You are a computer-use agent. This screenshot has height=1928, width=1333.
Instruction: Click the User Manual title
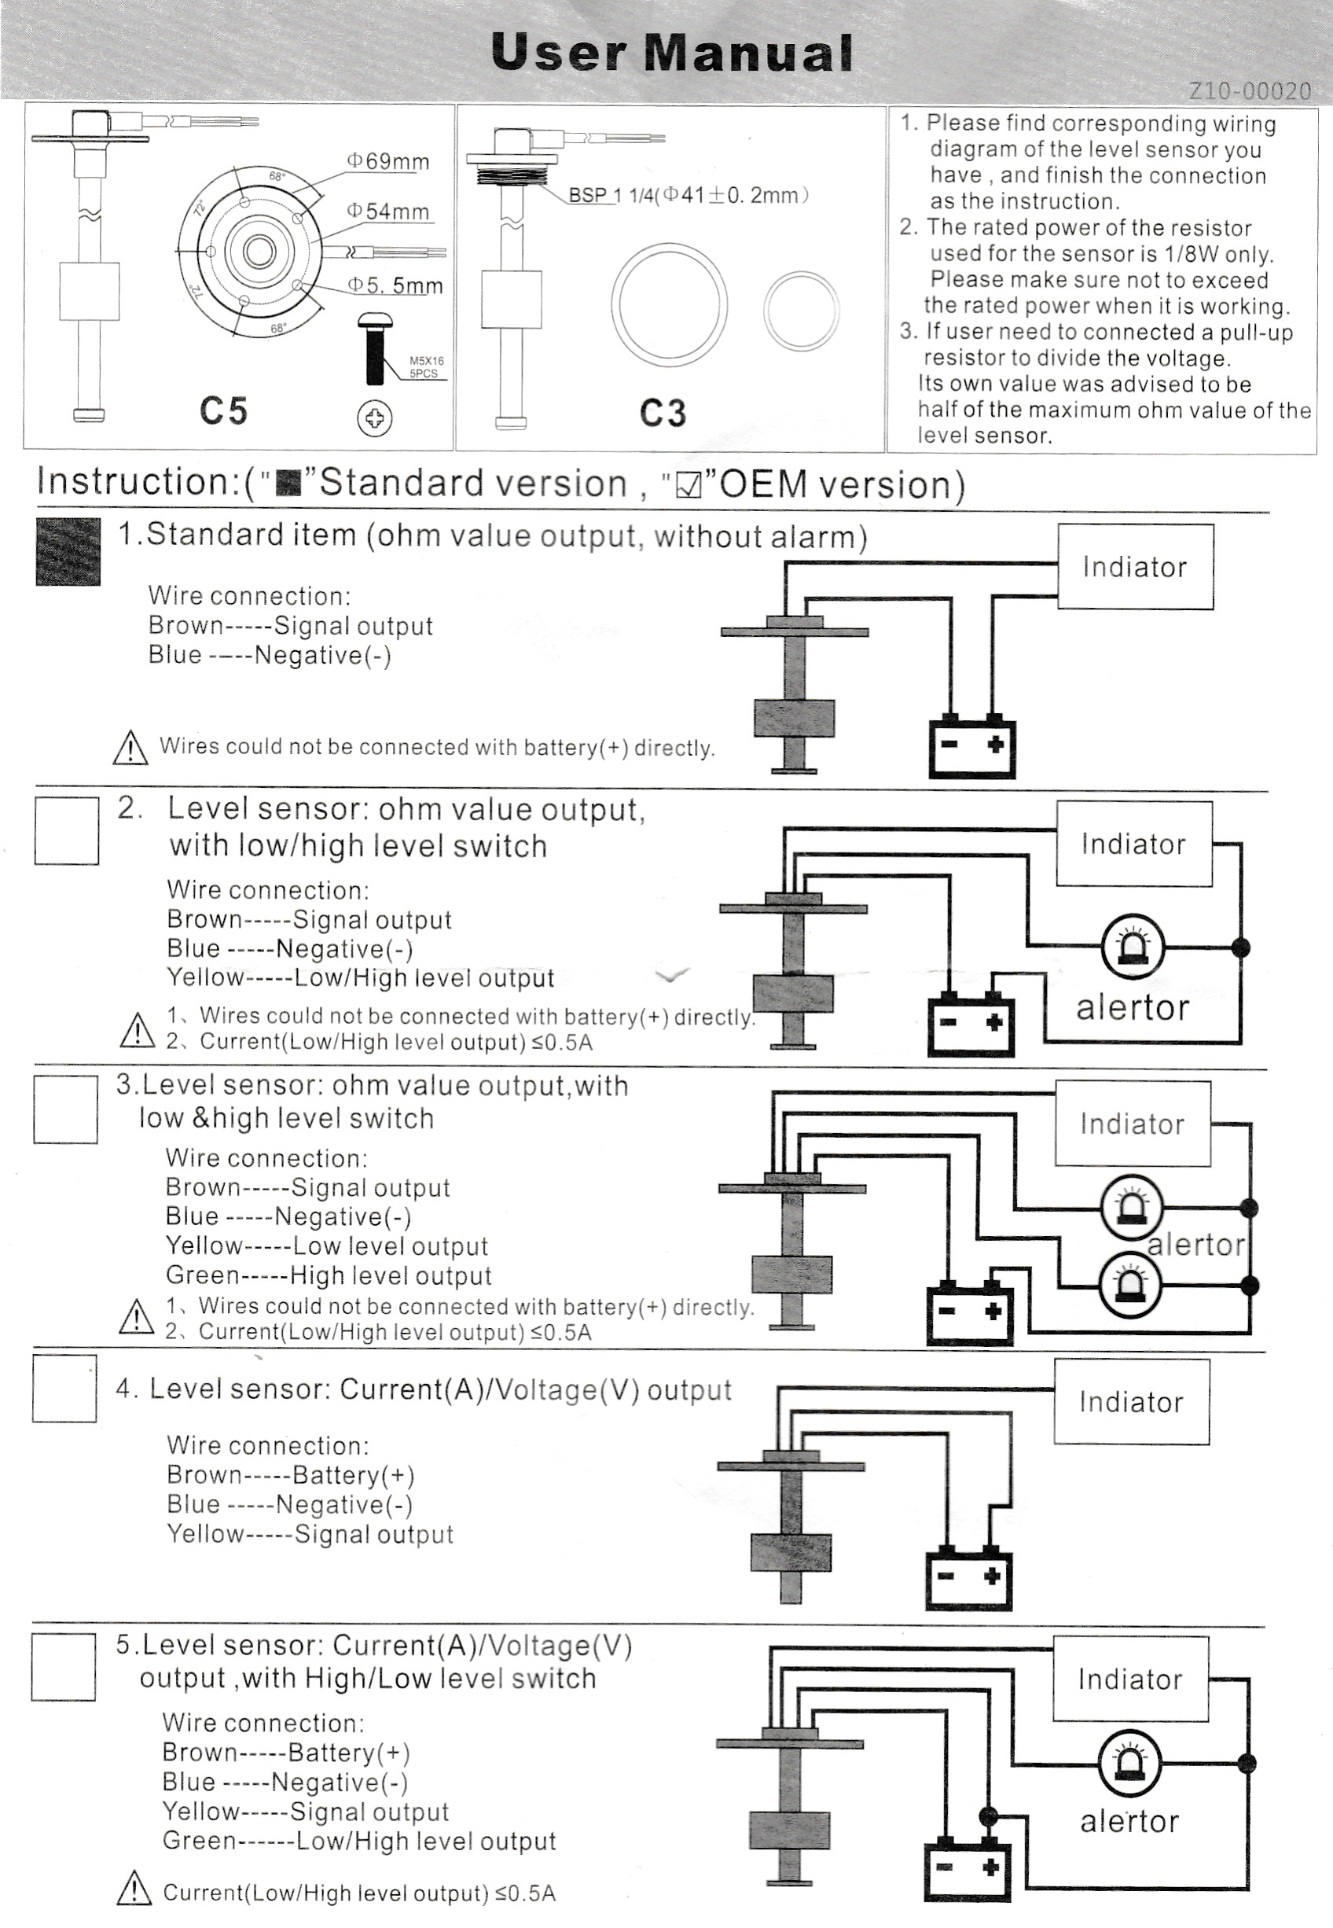tap(671, 53)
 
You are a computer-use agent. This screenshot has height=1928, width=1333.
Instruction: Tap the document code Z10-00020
tap(1249, 91)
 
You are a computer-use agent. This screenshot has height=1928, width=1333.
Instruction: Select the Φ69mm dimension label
tap(388, 161)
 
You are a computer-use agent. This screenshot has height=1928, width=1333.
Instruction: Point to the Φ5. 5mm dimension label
tap(395, 285)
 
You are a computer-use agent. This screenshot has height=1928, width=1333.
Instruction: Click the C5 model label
tap(223, 411)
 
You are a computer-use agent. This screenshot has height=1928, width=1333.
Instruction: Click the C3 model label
tap(663, 414)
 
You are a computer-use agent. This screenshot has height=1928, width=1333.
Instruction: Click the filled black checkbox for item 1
tap(68, 551)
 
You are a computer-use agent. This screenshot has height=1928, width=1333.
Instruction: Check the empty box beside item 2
tap(67, 830)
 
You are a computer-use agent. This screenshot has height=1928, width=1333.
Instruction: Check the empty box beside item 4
tap(65, 1389)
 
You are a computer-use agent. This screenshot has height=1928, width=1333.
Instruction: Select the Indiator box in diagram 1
tap(1135, 567)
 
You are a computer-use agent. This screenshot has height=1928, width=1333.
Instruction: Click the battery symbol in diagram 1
tap(972, 748)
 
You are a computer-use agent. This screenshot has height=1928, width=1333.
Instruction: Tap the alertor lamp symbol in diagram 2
tap(1133, 947)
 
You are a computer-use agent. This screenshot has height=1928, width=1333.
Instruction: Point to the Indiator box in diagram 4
tap(1131, 1402)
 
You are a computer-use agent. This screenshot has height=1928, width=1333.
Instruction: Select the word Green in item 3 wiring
tap(201, 1275)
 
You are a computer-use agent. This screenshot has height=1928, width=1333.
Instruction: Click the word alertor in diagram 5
tap(1129, 1821)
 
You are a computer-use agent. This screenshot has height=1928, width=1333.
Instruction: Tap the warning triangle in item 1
tap(130, 749)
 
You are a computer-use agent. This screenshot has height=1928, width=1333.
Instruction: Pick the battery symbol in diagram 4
tap(968, 1580)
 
